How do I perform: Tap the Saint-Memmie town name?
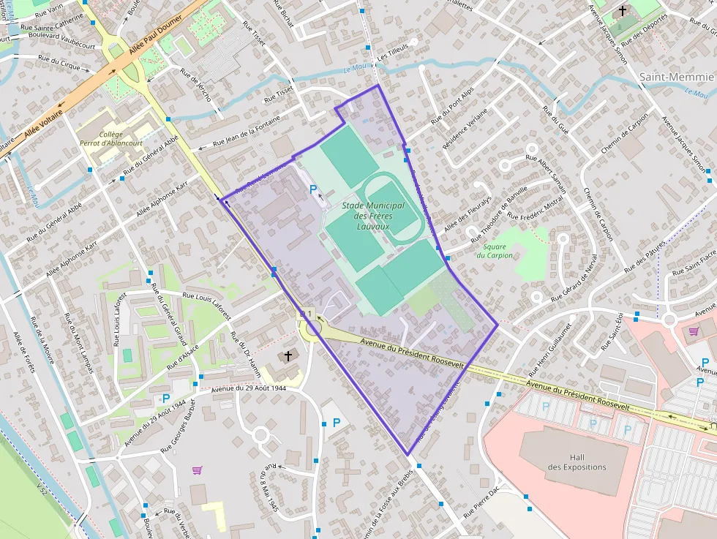pyautogui.click(x=676, y=77)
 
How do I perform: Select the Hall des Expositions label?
pyautogui.click(x=577, y=461)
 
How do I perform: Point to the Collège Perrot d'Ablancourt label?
pyautogui.click(x=111, y=139)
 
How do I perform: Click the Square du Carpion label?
pyautogui.click(x=495, y=251)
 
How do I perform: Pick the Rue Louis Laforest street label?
pyautogui.click(x=206, y=305)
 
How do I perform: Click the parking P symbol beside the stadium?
pyautogui.click(x=313, y=189)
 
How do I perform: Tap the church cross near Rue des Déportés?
pyautogui.click(x=623, y=11)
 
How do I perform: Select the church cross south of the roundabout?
pyautogui.click(x=288, y=356)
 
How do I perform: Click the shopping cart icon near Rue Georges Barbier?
pyautogui.click(x=196, y=470)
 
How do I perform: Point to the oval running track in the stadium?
pyautogui.click(x=392, y=206)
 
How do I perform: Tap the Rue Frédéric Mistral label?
pyautogui.click(x=536, y=208)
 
